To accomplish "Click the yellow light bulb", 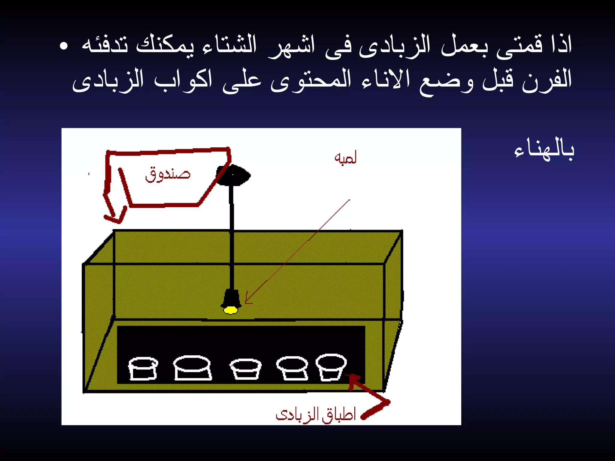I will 231,310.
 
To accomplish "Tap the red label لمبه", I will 345,158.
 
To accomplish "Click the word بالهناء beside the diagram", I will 544,149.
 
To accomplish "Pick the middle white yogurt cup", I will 245,369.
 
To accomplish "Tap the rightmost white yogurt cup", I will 331,367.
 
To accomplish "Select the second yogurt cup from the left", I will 192,367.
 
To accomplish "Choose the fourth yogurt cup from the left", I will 292,368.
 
